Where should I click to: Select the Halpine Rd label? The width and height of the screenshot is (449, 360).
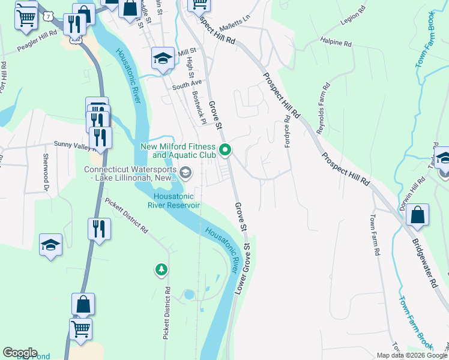point(337,43)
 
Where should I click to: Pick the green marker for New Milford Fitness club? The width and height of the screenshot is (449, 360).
point(225,150)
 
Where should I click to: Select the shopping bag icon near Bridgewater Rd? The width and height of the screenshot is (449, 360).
point(417,215)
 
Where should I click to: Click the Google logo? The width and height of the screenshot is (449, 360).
point(20,353)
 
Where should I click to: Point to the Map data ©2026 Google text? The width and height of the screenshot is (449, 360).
point(411,355)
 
